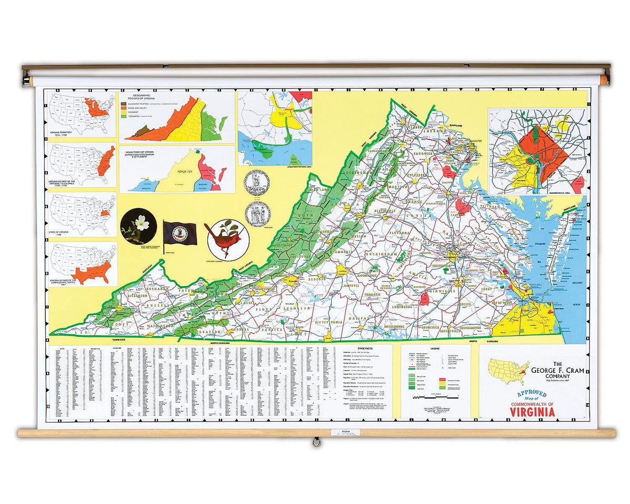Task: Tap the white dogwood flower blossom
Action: coord(139,226)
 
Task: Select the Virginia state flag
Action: coord(180,233)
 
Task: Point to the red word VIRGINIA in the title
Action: coord(532,412)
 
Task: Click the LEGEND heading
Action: coord(435,349)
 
